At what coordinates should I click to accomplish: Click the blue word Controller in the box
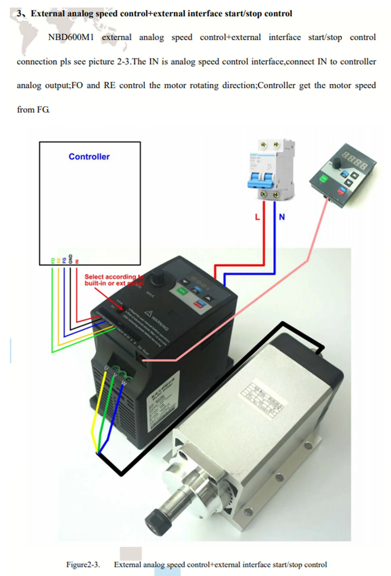[x=89, y=157]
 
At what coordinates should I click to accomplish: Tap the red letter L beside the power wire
[x=257, y=217]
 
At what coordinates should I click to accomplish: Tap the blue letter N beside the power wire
[x=282, y=217]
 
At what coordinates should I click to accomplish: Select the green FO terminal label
[x=53, y=261]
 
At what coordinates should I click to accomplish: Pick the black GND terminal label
[x=70, y=259]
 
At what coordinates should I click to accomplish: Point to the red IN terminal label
[x=77, y=261]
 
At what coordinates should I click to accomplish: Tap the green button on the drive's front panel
[x=182, y=290]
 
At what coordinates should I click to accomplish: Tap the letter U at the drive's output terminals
[x=106, y=368]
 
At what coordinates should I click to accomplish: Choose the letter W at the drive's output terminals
[x=124, y=383]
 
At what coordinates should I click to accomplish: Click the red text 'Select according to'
[x=114, y=277]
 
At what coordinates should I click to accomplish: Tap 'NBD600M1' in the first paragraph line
[x=71, y=37]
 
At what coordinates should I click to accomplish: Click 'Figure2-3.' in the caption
[x=83, y=565]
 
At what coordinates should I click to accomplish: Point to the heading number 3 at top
[x=19, y=14]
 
